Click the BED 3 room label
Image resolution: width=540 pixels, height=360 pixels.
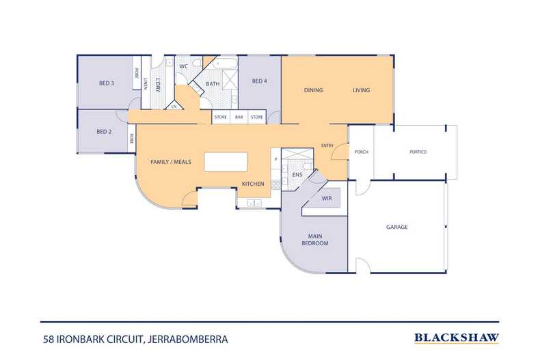click(x=106, y=83)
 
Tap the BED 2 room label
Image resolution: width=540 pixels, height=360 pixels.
click(x=103, y=132)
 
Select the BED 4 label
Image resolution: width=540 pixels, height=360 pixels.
click(x=259, y=82)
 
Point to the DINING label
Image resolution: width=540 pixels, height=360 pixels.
click(x=313, y=90)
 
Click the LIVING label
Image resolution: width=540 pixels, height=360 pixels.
click(x=361, y=90)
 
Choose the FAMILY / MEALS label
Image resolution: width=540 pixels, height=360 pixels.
click(x=170, y=162)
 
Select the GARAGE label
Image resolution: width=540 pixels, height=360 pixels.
click(x=396, y=227)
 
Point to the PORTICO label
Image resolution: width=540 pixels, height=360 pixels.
click(x=418, y=152)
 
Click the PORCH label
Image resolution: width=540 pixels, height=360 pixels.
click(x=361, y=152)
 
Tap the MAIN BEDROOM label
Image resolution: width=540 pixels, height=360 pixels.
click(x=316, y=240)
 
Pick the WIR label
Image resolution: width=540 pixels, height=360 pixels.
click(x=327, y=199)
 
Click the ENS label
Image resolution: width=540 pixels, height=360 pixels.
click(x=297, y=175)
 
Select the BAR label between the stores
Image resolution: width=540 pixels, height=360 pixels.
click(x=239, y=117)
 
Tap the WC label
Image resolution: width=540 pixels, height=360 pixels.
click(x=183, y=66)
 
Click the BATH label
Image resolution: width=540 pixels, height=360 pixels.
click(x=213, y=84)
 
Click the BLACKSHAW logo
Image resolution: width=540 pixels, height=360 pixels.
click(x=456, y=337)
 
